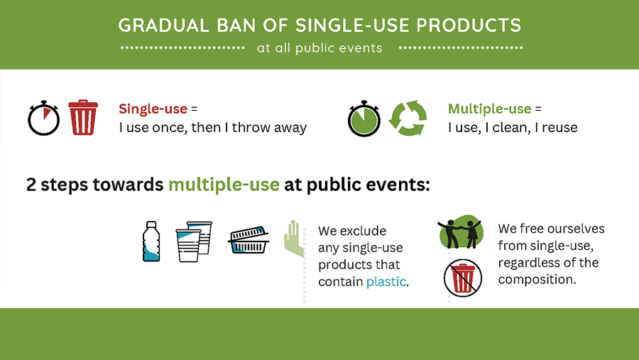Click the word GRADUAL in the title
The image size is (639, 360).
(163, 26)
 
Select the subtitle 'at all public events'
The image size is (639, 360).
(319, 48)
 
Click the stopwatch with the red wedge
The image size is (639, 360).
(43, 119)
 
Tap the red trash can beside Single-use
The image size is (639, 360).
(83, 117)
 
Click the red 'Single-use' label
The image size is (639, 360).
(153, 109)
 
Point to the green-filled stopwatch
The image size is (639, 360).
(364, 119)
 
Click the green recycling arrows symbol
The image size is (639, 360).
(408, 119)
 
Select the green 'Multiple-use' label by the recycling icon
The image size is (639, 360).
(489, 109)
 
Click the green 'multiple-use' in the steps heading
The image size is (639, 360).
(224, 185)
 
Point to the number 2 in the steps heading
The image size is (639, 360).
(31, 185)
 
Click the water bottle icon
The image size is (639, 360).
(151, 241)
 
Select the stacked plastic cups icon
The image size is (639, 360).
(194, 241)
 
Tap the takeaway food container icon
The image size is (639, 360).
(249, 240)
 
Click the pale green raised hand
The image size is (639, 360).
(293, 238)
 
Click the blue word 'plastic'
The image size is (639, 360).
(386, 282)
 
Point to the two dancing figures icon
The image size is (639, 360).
(461, 232)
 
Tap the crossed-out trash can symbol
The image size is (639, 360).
(463, 278)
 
